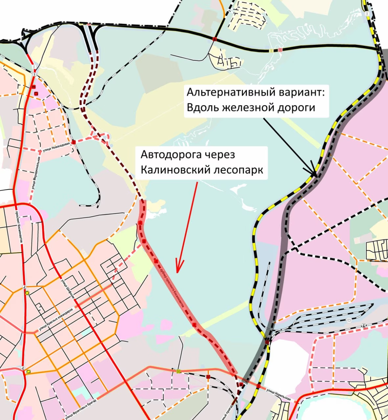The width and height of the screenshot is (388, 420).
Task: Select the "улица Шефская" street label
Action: click(68, 288)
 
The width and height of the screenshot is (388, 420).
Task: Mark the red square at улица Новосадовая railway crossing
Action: click(74, 142)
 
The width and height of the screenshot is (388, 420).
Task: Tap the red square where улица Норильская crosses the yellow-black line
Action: click(259, 386)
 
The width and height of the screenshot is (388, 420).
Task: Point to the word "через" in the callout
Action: click(220, 155)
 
